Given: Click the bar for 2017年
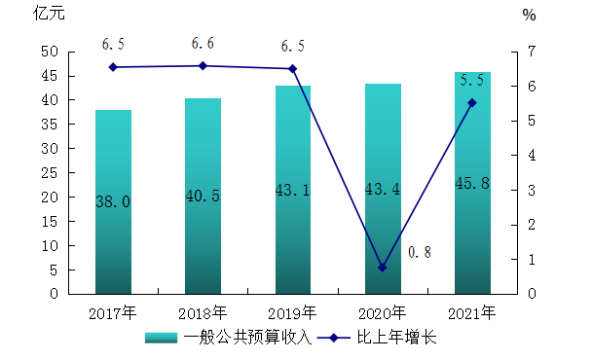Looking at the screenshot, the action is click(x=113, y=201).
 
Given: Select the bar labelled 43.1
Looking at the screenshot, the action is click(x=293, y=190).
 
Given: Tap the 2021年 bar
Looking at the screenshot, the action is click(x=472, y=183).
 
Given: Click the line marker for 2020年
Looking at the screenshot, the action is click(x=383, y=268).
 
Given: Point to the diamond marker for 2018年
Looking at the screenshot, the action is click(x=203, y=66).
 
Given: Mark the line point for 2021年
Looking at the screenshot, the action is click(x=472, y=102).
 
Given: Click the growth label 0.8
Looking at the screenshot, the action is click(x=420, y=252).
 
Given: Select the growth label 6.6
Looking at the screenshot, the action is click(x=203, y=44).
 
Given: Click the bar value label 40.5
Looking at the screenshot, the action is click(x=203, y=196).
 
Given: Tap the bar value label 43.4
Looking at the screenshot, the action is click(x=383, y=189).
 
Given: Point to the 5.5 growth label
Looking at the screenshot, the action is click(x=472, y=81).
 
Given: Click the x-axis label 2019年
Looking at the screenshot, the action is click(x=292, y=313).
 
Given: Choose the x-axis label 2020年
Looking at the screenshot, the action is click(x=382, y=313).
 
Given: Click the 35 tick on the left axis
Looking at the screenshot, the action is click(x=50, y=125).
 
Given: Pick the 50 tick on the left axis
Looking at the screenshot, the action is click(x=50, y=52).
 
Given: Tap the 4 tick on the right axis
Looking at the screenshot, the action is click(x=532, y=156).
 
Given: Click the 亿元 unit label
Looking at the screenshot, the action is click(x=49, y=14).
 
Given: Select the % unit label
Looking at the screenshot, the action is click(x=529, y=16).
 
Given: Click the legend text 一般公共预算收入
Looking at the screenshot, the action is click(x=247, y=338).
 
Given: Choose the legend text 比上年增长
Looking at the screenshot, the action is click(x=397, y=338).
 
